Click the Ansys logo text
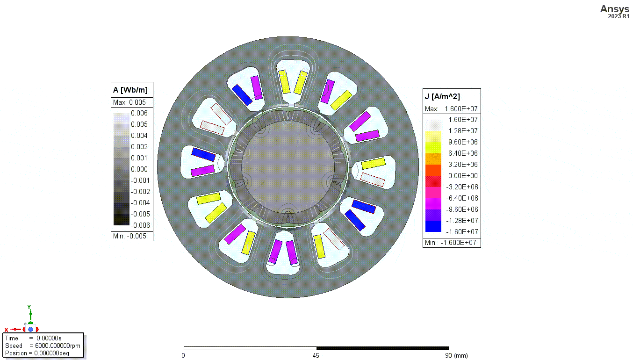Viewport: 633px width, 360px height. pos(615,9)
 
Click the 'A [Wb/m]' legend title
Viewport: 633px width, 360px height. pos(130,90)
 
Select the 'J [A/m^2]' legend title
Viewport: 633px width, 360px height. pos(442,97)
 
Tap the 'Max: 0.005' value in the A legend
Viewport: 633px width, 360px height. pos(129,102)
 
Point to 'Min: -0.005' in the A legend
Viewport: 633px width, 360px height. pos(129,236)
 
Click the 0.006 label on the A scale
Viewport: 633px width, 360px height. pos(139,113)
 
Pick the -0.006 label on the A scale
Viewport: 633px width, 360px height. pos(140,225)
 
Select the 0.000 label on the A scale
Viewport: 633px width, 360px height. pos(139,169)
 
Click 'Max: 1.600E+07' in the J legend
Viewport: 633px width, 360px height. pos(451,109)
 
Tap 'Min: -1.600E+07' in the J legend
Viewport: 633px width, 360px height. pos(451,243)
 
